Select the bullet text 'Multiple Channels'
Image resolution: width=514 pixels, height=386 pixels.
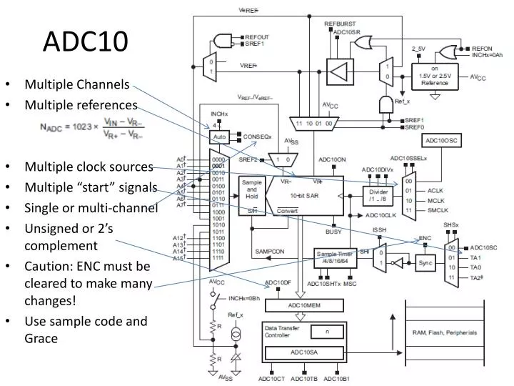(x=77, y=84)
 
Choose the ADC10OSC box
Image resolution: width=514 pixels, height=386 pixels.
(x=443, y=141)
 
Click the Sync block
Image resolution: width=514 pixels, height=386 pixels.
(x=426, y=262)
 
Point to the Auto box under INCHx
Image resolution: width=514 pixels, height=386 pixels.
(x=219, y=136)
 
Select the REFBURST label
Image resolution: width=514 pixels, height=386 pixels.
(x=340, y=24)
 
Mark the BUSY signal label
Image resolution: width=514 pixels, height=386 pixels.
(x=334, y=232)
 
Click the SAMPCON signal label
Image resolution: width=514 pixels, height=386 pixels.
(x=270, y=252)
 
